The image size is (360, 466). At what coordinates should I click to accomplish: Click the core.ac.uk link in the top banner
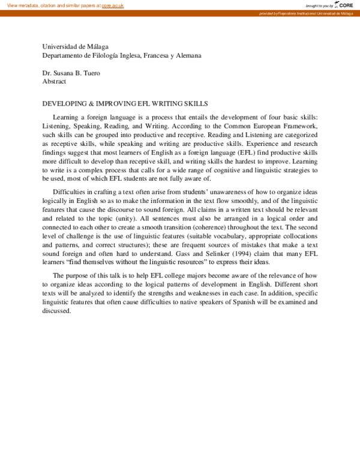[x=112, y=5]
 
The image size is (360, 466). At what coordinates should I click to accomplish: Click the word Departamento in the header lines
[x=64, y=55]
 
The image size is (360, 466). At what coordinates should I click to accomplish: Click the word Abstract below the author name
[x=54, y=82]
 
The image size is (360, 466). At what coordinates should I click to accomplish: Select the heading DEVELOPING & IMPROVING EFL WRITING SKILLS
[x=125, y=103]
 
